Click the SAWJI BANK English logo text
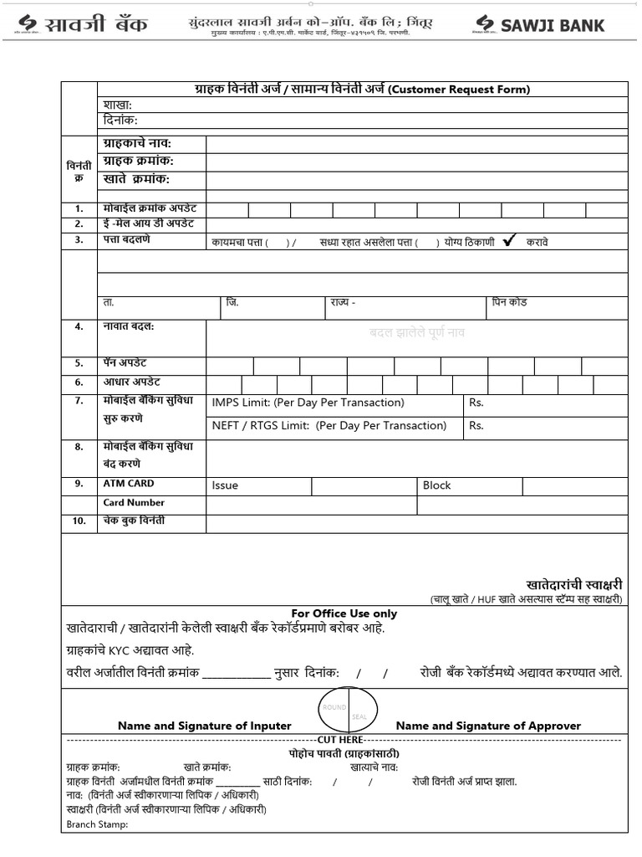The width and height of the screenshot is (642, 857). [553, 25]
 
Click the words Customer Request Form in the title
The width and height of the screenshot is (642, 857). [459, 90]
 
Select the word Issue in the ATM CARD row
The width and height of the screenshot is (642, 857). [225, 485]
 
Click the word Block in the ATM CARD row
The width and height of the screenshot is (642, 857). [436, 485]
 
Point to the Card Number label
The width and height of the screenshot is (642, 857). [134, 503]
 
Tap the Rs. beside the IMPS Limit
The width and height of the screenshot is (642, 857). [476, 403]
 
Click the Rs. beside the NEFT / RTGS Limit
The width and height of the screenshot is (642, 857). [476, 425]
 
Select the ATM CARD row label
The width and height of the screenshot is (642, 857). [129, 484]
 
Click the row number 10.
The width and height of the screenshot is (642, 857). [79, 521]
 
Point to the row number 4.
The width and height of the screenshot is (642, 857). [79, 326]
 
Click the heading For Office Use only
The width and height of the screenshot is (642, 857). [344, 613]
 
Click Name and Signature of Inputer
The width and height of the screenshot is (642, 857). [204, 726]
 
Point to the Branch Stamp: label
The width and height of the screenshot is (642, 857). [97, 824]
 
